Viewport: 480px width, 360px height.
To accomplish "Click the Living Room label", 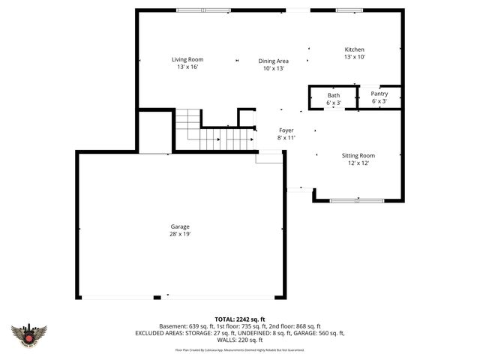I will pos(187,59).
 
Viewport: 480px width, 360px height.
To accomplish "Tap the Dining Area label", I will pos(274,61).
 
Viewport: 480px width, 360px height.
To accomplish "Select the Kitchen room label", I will pos(354,49).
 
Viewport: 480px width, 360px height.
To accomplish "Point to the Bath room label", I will pos(333,94).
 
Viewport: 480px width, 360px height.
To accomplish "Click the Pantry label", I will pos(379,94).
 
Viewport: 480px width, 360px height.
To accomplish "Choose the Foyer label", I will pos(286,130).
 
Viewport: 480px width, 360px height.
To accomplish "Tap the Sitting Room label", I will pos(358,155).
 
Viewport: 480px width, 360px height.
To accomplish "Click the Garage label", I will pos(179,226).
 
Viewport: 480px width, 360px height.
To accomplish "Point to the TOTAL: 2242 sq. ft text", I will pos(239,319).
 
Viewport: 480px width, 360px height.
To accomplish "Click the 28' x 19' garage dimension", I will pos(179,234).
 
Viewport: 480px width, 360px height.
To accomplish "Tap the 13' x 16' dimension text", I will pos(187,67).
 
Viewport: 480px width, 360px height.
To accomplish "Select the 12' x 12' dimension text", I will pos(358,163).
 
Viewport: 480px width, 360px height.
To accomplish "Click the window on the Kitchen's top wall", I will pos(349,10).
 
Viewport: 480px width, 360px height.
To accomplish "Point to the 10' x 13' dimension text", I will pos(274,68).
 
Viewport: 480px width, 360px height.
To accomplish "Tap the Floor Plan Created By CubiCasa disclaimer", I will pos(239,349).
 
